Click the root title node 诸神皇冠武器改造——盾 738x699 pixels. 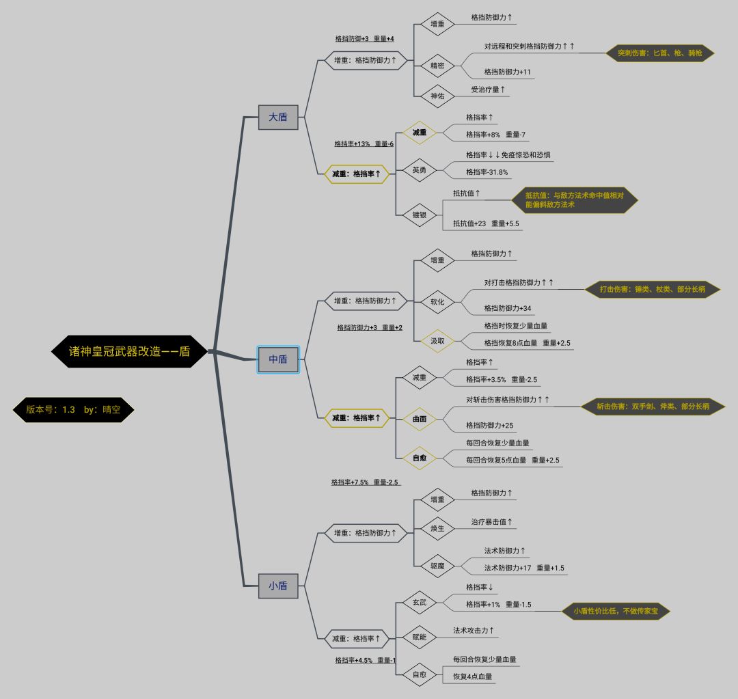(x=129, y=351)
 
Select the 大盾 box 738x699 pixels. (x=278, y=117)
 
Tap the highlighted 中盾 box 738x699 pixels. (x=278, y=359)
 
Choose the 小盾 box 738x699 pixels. (x=278, y=586)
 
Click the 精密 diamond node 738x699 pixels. (x=437, y=66)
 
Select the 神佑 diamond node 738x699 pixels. (x=437, y=96)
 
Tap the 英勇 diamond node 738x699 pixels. (x=419, y=170)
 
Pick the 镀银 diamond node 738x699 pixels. (x=419, y=215)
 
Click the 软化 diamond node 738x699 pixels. (x=437, y=301)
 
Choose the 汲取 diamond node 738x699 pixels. (x=437, y=340)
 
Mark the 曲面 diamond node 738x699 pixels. (x=419, y=419)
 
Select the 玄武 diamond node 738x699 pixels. (x=419, y=602)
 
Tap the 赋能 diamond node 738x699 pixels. (x=419, y=638)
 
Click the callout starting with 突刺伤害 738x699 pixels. (x=659, y=53)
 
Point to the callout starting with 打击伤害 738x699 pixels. (x=653, y=289)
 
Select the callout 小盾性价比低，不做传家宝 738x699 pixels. (x=616, y=612)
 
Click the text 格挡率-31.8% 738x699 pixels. (x=487, y=172)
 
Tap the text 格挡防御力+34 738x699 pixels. (x=508, y=308)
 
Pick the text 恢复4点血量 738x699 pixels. (x=472, y=676)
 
